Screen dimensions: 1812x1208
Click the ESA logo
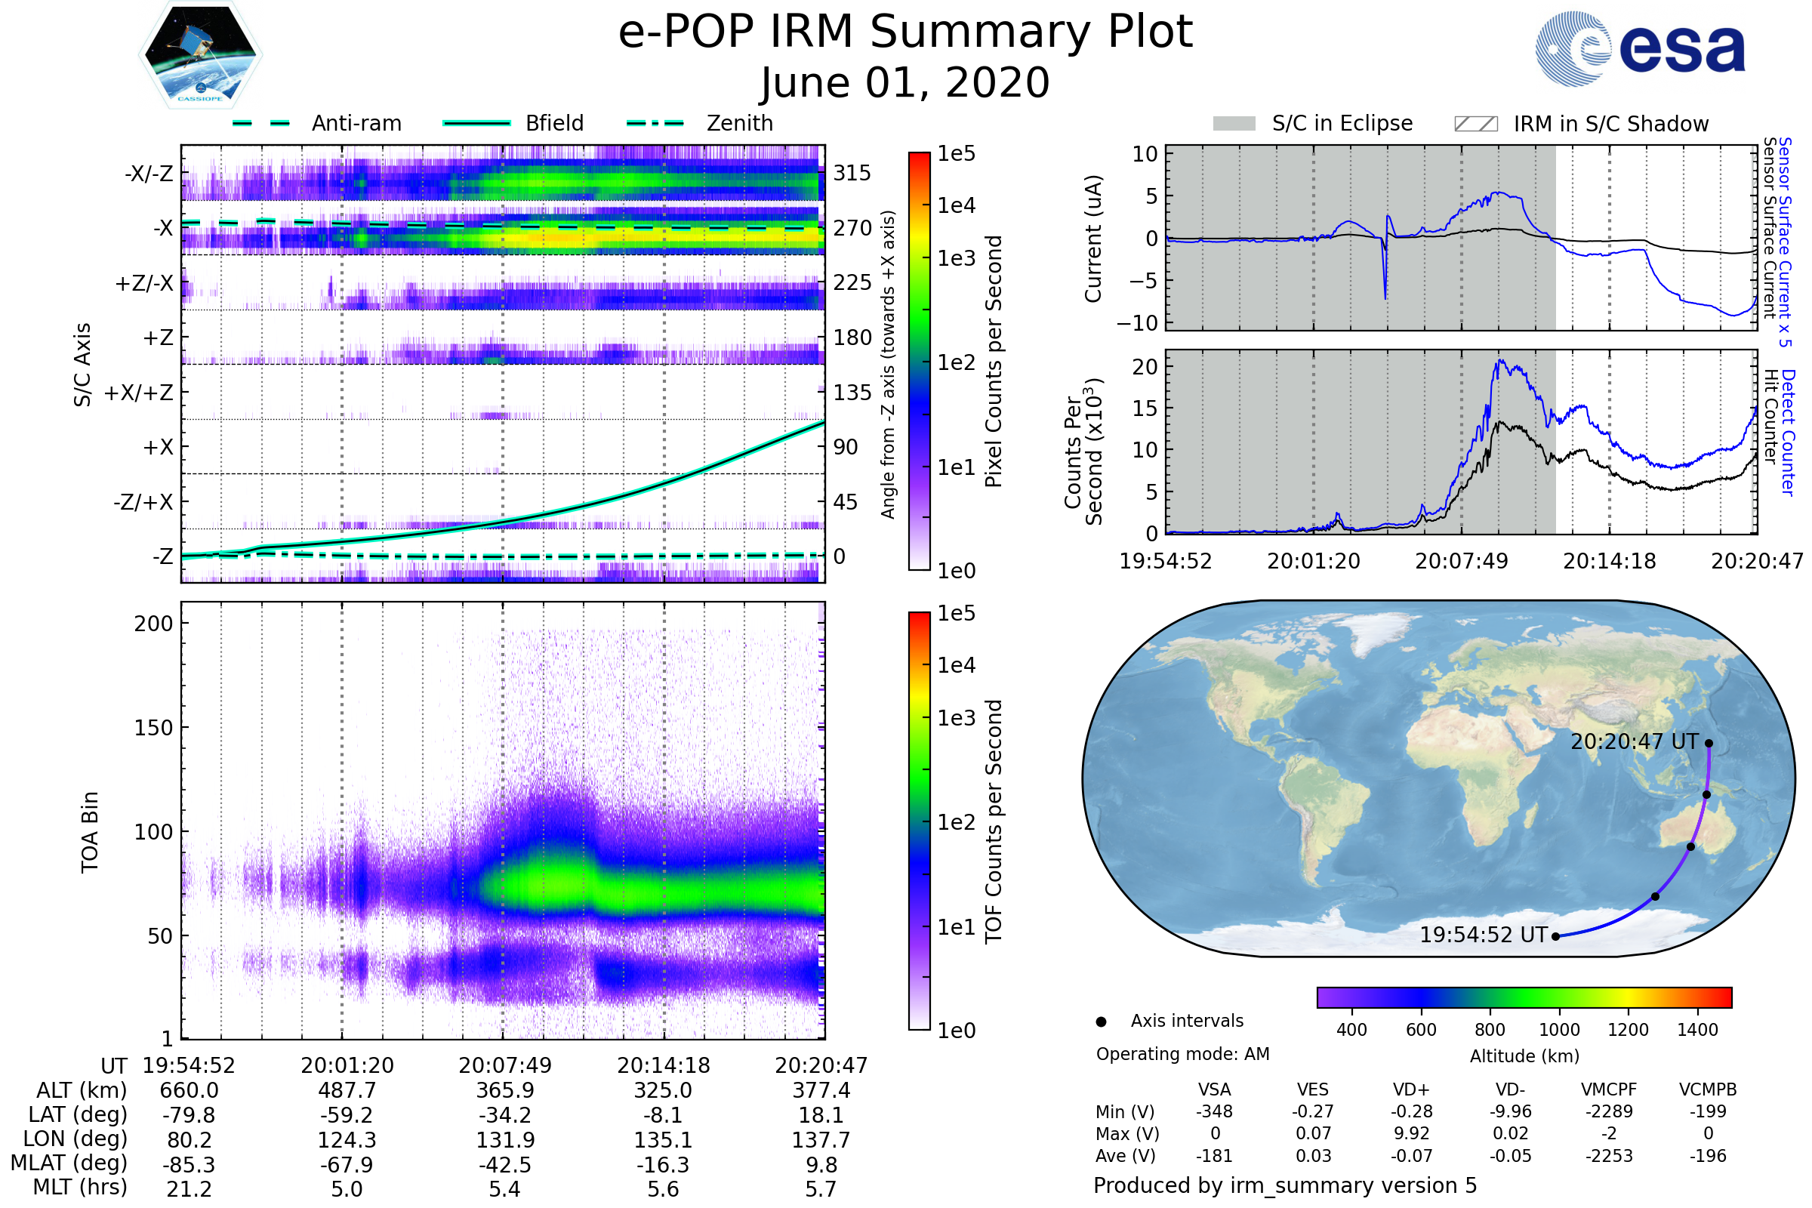1640,48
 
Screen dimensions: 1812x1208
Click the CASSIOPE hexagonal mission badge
200,54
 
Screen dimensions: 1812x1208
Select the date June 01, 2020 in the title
905,82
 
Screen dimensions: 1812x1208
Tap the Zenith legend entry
700,123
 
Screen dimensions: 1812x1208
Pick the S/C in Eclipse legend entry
1313,123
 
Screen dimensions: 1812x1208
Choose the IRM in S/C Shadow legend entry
1581,123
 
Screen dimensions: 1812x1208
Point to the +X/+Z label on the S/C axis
139,393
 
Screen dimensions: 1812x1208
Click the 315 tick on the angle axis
852,173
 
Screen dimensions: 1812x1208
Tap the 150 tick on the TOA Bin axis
153,728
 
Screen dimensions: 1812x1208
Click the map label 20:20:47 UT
1635,742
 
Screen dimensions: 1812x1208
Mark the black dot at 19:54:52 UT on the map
1555,937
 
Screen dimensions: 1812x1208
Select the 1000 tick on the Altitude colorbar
1559,1030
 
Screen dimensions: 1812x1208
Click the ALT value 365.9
505,1091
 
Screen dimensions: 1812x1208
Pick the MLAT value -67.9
347,1165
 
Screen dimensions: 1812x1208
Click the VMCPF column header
1609,1089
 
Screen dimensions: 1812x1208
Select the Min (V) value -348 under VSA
1214,1111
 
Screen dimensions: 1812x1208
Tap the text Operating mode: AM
1182,1054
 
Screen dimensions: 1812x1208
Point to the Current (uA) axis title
1093,238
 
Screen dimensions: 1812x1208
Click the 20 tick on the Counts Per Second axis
1145,367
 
